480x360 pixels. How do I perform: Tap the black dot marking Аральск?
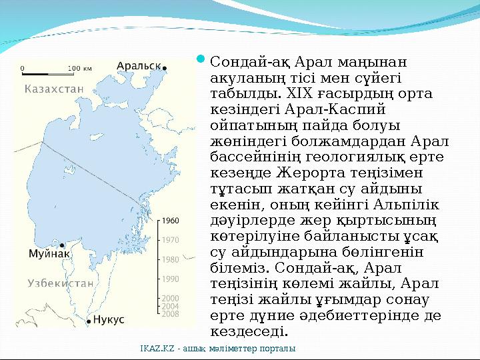(165, 67)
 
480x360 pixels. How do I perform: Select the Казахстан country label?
(53, 88)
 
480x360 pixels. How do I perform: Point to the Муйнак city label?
(49, 254)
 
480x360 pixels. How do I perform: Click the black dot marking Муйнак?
(62, 245)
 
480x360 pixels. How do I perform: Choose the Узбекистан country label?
(60, 283)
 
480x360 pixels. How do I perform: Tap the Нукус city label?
(109, 320)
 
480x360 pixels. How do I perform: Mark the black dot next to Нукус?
(89, 321)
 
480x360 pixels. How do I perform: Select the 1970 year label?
(170, 239)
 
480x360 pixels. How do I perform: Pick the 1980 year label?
(170, 259)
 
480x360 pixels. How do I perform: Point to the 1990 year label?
(170, 279)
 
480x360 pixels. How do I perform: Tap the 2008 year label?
(170, 313)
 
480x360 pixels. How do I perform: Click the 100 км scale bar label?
(80, 67)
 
